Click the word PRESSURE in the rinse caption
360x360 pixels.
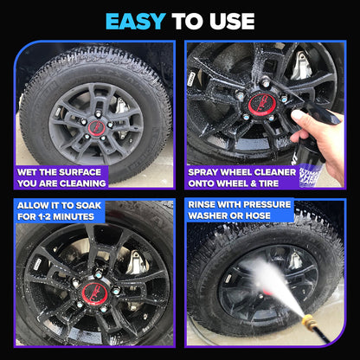(x=266, y=205)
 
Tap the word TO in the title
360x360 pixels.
(x=184, y=20)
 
